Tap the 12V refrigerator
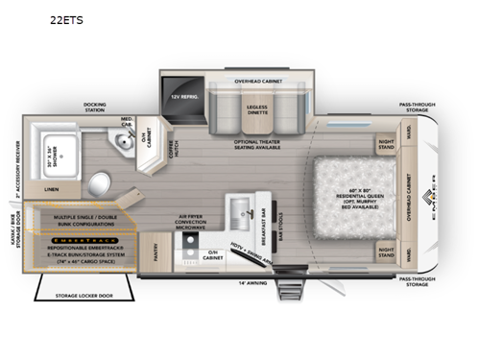click(182, 97)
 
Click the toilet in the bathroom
click(98, 182)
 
